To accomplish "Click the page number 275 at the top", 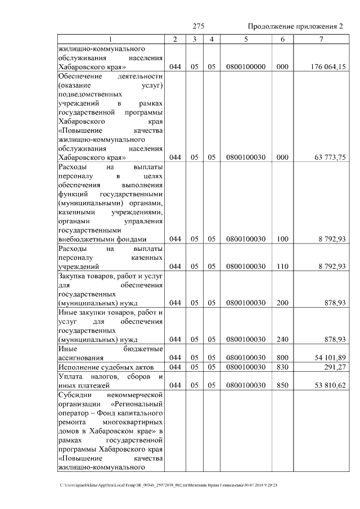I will point(198,27).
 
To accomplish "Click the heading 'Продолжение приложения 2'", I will point(295,27).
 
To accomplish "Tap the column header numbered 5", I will point(246,39).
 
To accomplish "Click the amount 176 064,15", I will point(327,67).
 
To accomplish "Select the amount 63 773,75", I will point(330,158).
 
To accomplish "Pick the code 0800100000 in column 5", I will point(246,67).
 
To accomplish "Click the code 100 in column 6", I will point(282,239).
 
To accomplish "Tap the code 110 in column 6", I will point(282,267).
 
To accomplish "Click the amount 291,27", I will point(335,367).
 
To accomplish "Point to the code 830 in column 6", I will point(282,367).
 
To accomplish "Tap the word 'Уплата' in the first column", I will point(71,376).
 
